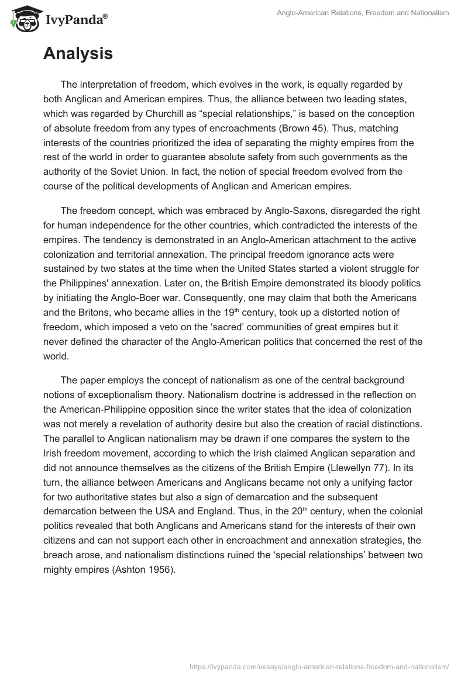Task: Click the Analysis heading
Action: click(x=78, y=54)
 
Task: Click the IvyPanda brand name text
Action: click(x=75, y=20)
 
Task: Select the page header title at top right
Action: click(x=363, y=13)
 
